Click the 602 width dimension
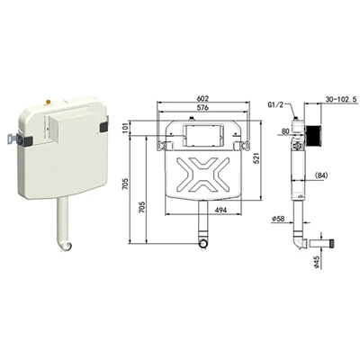click(202, 98)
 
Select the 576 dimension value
click(202, 107)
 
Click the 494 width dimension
click(220, 210)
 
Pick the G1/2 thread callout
click(275, 104)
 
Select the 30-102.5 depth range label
click(342, 99)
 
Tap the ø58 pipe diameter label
click(278, 220)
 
